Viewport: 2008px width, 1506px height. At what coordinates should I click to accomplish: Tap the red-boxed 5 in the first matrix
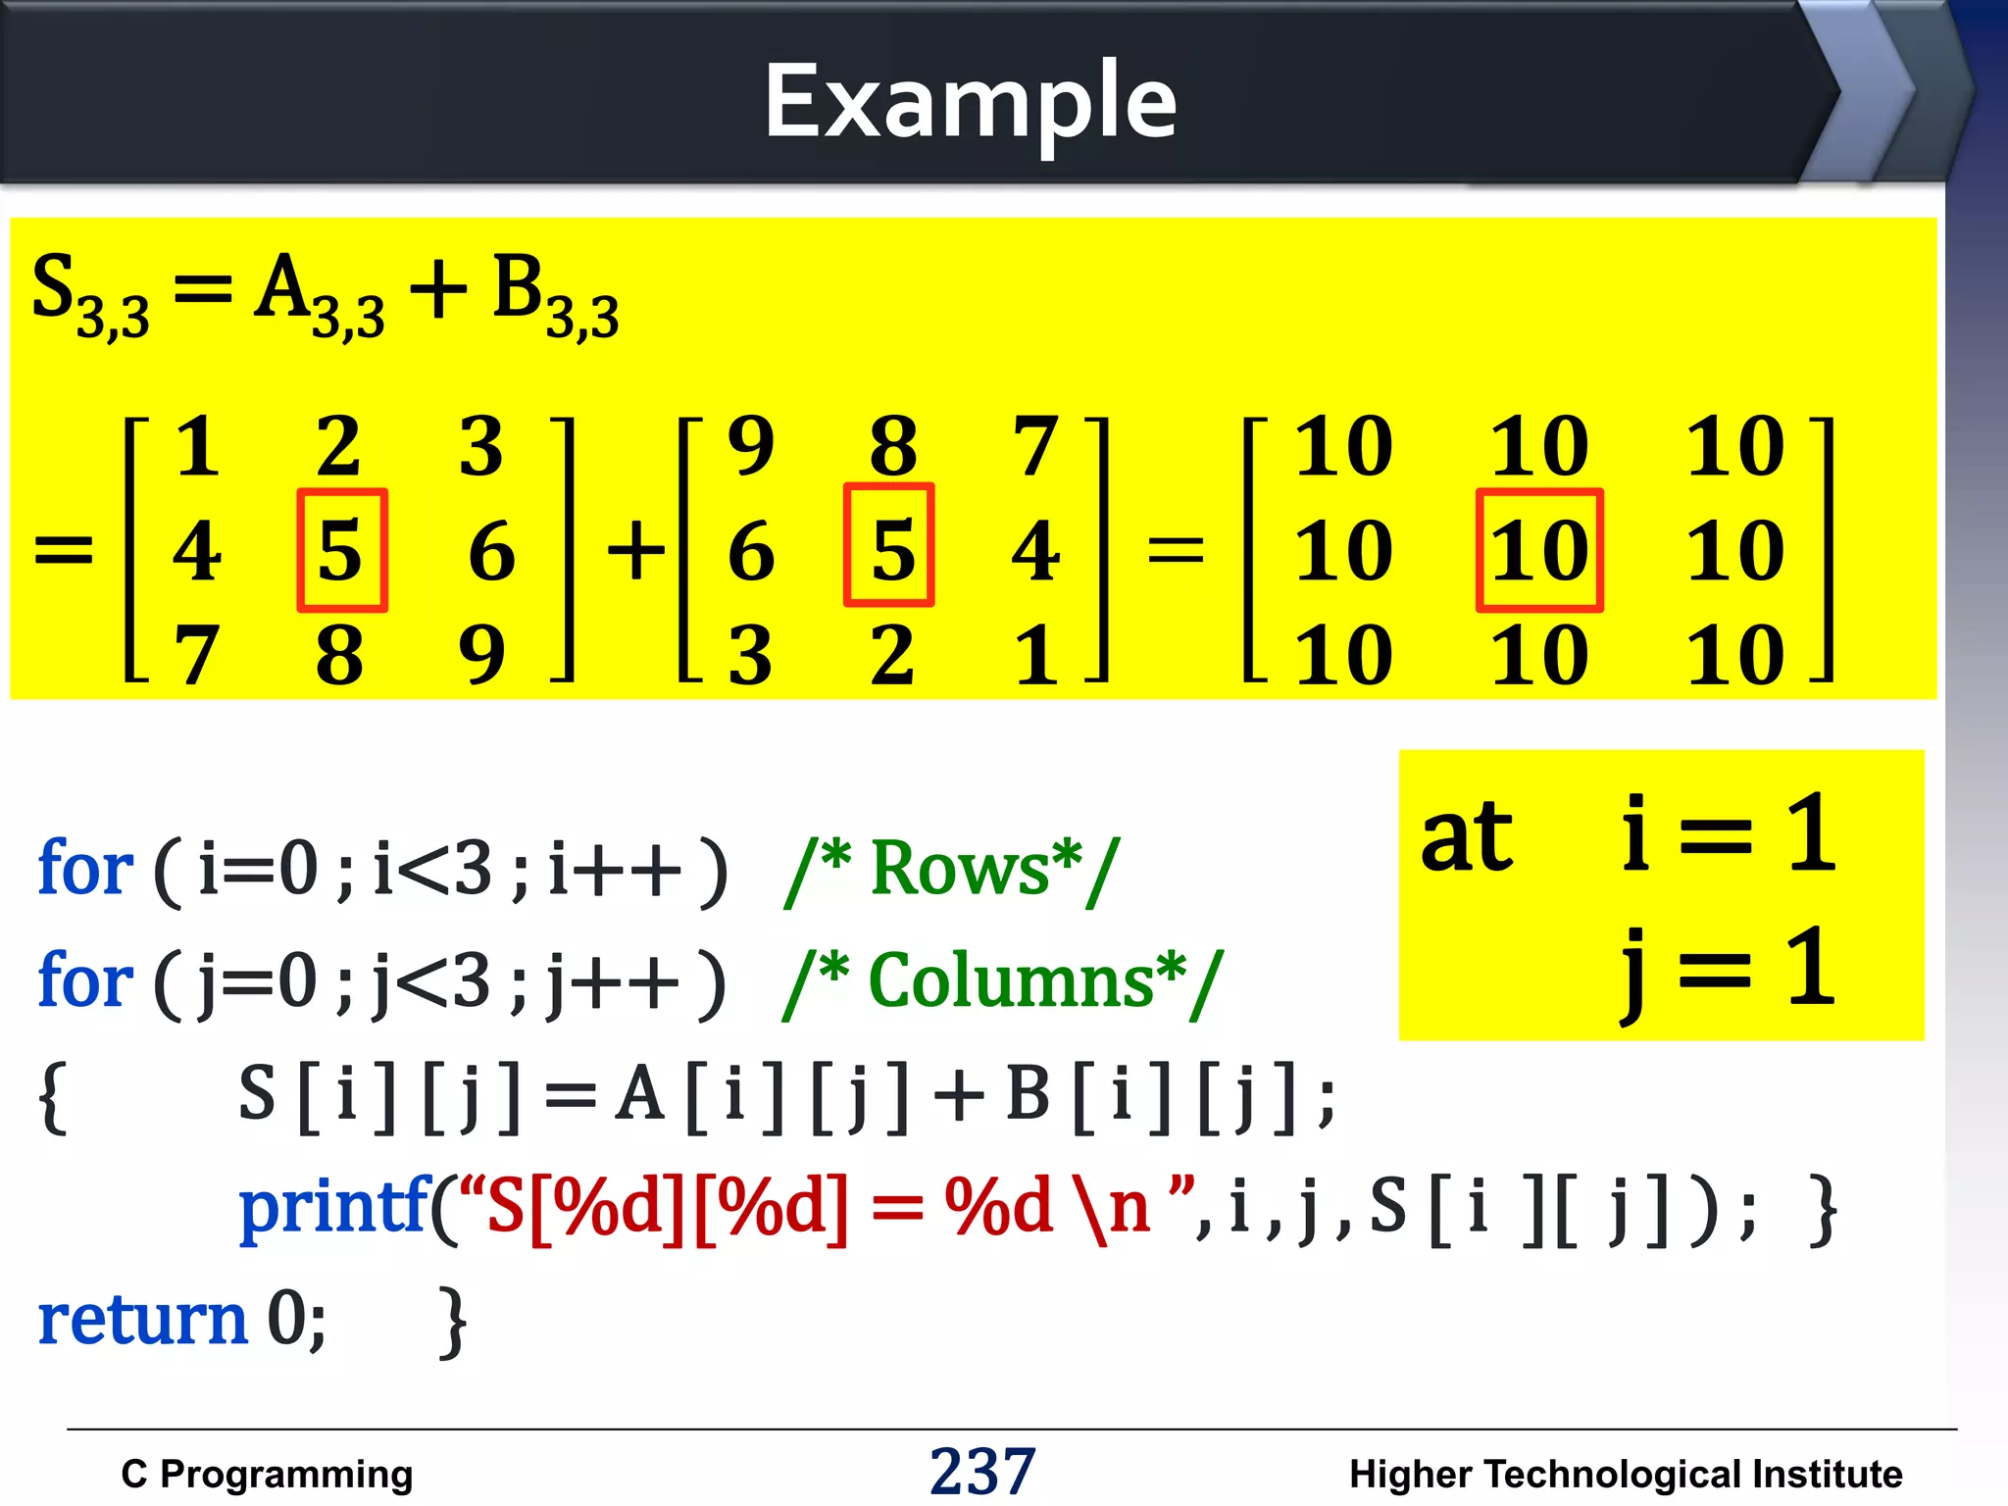[341, 551]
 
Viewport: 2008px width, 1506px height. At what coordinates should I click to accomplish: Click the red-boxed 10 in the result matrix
[1539, 551]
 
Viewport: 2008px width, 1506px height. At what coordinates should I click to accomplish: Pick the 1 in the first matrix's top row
[197, 447]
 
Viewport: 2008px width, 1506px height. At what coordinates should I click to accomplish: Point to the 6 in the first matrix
[491, 551]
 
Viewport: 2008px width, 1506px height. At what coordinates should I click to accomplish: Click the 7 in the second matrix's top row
[1035, 447]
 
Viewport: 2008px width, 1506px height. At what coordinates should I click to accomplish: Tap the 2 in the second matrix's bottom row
[891, 655]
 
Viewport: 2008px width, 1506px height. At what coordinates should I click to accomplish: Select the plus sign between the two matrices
[635, 549]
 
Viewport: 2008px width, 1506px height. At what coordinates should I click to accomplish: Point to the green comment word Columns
[1012, 980]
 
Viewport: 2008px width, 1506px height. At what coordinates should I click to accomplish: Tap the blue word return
[143, 1319]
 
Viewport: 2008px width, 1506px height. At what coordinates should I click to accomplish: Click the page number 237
[982, 1471]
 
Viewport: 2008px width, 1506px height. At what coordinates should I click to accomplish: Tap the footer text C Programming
[267, 1474]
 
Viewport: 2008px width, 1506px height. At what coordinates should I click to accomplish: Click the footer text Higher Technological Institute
[1625, 1474]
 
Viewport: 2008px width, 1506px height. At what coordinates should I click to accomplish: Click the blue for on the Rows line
[85, 869]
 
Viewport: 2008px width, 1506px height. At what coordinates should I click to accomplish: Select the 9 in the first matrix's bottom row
[481, 655]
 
